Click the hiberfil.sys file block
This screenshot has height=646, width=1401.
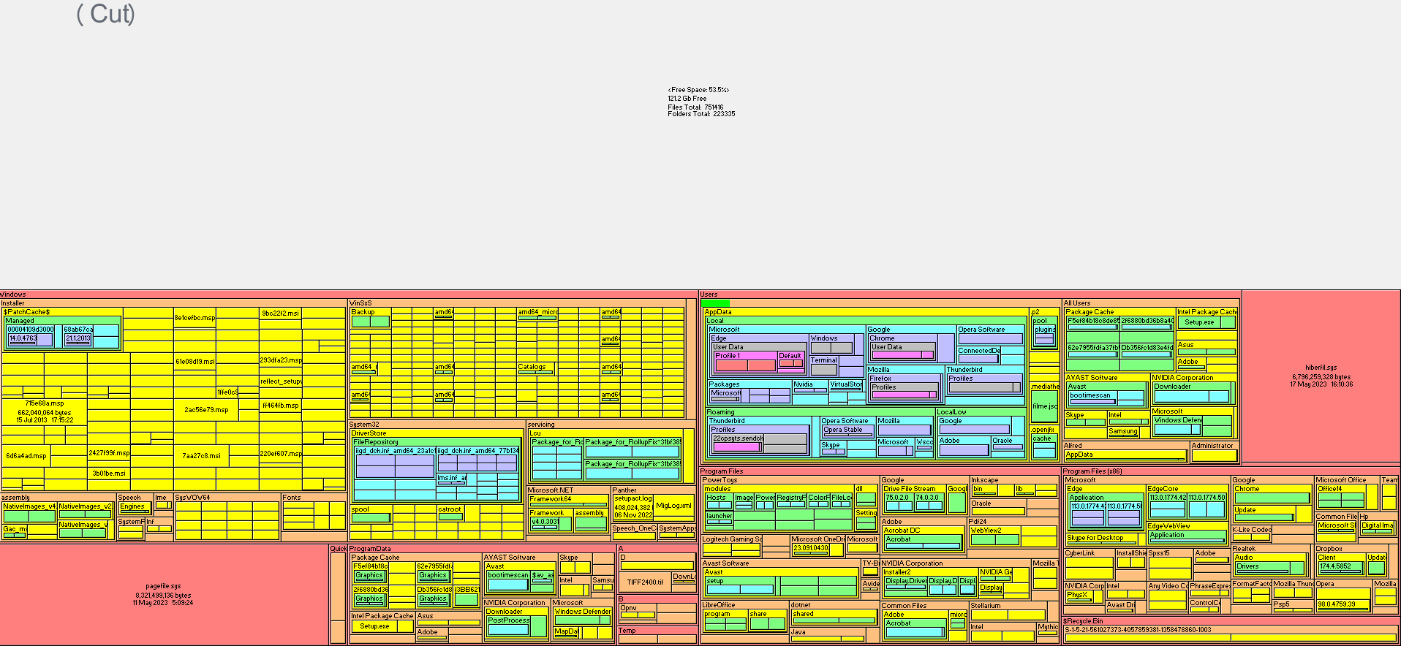pos(1321,376)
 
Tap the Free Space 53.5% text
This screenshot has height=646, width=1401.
pos(698,90)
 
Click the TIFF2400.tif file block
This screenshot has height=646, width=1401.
pos(646,582)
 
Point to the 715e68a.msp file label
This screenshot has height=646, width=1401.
pos(45,403)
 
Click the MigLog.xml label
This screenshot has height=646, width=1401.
pos(673,506)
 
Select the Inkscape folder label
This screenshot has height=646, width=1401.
pos(984,480)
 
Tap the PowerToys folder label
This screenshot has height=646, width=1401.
pos(720,480)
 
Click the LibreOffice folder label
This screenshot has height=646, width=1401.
pos(719,605)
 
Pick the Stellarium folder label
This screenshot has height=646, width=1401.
pos(985,606)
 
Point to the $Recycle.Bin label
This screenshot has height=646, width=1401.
pos(1083,621)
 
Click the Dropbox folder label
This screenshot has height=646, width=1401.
pos(1329,549)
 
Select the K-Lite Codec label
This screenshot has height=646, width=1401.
pos(1251,530)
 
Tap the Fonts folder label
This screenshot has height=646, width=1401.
pos(291,498)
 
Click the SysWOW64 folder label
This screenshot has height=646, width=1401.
pos(192,498)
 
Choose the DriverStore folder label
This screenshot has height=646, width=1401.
pos(369,433)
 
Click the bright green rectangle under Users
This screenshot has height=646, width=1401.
pos(715,303)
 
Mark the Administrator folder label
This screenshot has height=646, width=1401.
pos(1212,446)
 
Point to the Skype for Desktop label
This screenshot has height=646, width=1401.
pos(1095,538)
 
